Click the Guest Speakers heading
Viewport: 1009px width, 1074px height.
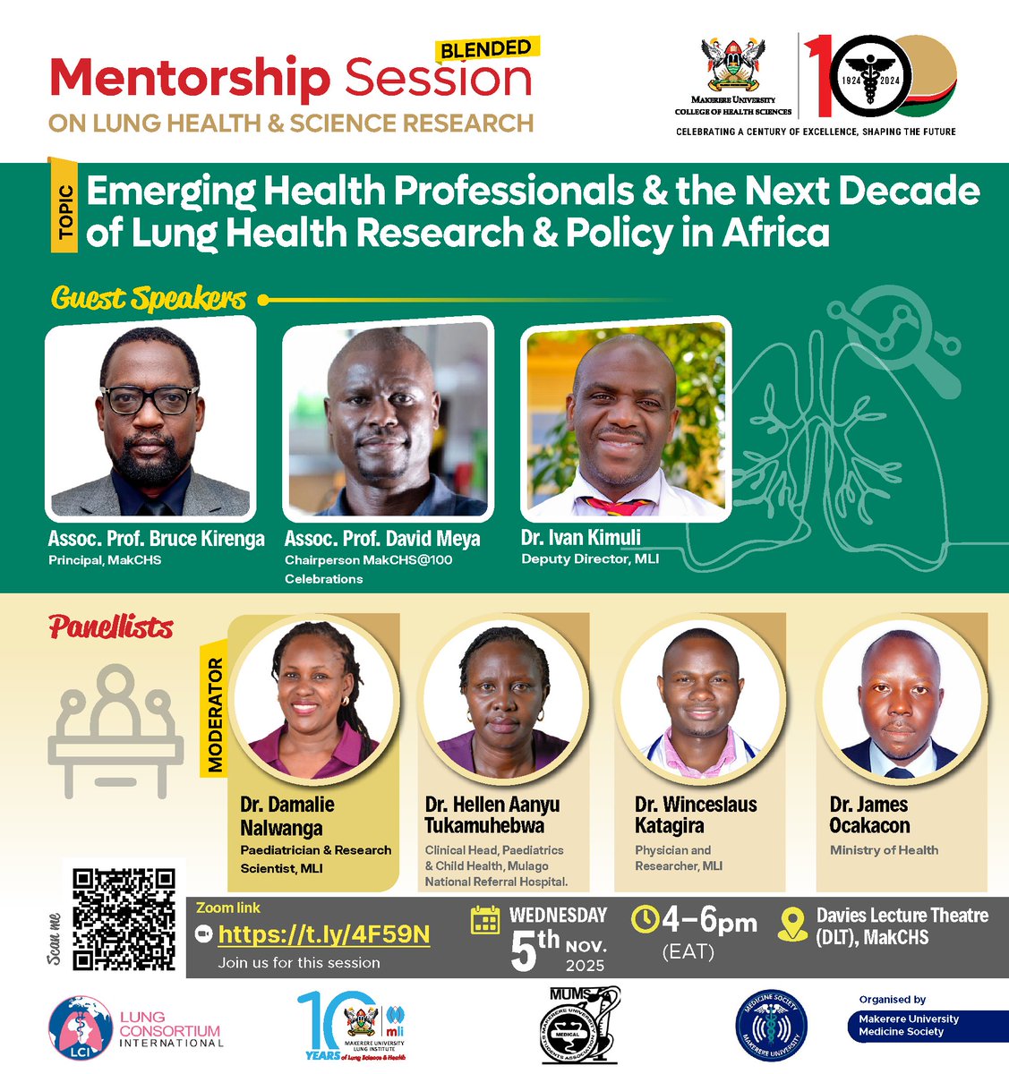coord(149,298)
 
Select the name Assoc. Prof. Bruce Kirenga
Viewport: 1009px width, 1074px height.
coord(157,539)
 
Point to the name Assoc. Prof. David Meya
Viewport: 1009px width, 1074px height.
coord(382,539)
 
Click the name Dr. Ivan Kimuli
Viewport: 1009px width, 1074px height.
coord(581,538)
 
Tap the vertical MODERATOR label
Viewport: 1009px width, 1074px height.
coord(215,715)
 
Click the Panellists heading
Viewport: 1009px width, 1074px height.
coord(112,627)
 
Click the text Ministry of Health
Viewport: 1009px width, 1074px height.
coord(884,850)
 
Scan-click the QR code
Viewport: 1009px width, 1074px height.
coord(124,919)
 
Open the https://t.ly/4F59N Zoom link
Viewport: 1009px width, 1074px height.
coord(323,935)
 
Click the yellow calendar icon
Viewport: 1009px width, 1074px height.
coord(485,920)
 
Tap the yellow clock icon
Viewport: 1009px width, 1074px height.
coord(645,920)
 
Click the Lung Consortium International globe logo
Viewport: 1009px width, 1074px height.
coord(81,1030)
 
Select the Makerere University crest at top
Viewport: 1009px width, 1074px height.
coord(733,70)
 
